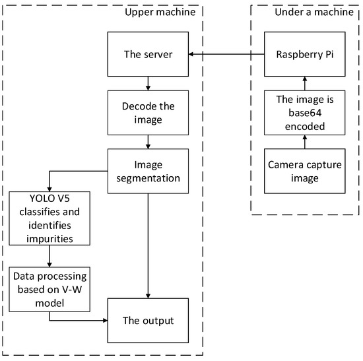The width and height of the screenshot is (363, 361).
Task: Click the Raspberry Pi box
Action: (x=304, y=55)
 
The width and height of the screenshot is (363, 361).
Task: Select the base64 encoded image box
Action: (x=304, y=111)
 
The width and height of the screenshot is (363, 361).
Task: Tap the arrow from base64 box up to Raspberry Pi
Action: (x=304, y=83)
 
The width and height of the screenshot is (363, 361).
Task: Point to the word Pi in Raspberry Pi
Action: (x=327, y=55)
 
